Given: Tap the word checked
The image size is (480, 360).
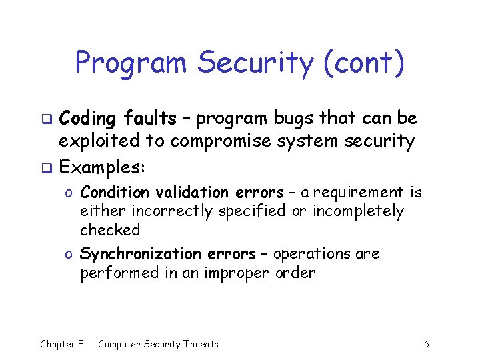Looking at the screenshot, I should pos(110,230).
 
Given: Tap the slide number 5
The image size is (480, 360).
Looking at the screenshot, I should pos(427,344).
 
